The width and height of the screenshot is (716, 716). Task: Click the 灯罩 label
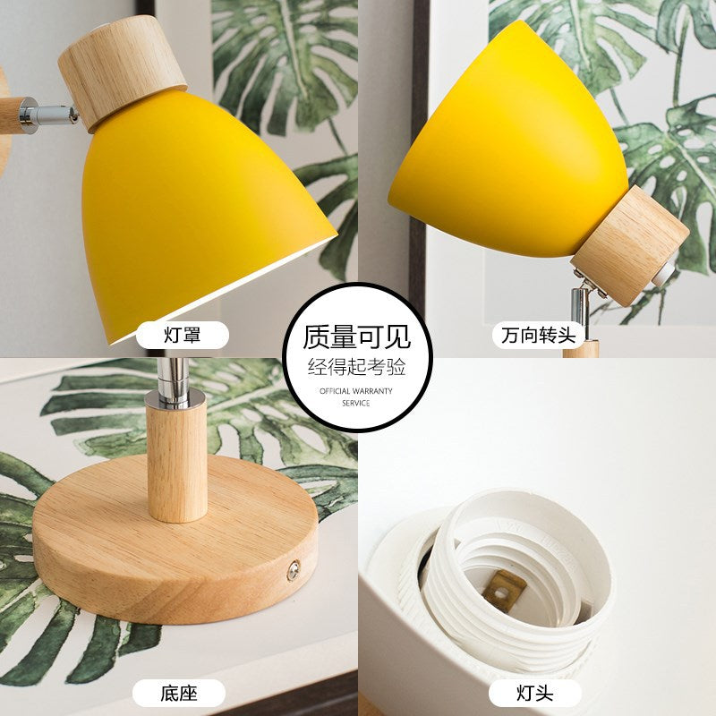(182, 336)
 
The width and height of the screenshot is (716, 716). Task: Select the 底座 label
(178, 692)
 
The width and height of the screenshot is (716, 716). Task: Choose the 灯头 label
(536, 692)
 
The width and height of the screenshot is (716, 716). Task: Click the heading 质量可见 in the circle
(357, 337)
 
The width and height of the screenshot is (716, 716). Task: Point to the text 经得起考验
(357, 366)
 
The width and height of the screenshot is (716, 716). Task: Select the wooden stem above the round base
(176, 465)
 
